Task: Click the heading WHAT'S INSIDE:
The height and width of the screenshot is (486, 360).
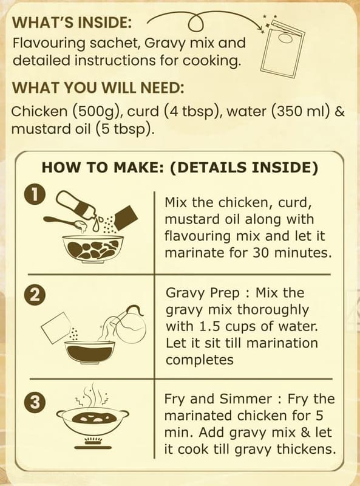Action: (x=72, y=22)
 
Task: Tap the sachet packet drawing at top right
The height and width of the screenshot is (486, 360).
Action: (x=281, y=49)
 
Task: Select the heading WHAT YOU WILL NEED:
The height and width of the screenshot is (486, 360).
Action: (x=98, y=88)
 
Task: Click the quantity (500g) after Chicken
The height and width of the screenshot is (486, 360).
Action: (x=97, y=112)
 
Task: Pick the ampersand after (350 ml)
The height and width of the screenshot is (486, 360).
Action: (x=340, y=112)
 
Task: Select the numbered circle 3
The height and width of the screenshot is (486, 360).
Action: (x=35, y=403)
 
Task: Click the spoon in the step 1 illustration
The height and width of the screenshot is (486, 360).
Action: (x=65, y=222)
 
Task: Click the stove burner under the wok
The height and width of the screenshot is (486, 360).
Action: (x=93, y=443)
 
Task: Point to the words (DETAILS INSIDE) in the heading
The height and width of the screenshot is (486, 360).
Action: (x=244, y=168)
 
